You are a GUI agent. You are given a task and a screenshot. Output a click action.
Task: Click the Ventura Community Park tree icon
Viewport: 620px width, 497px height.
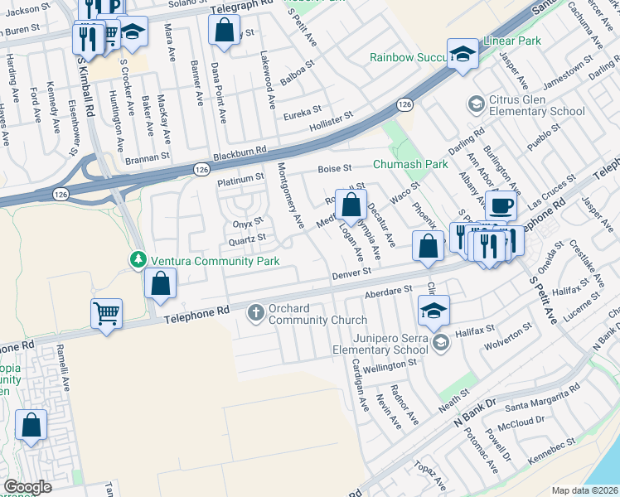point(137,260)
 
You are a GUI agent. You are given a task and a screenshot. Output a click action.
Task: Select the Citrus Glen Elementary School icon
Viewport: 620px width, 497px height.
point(477,104)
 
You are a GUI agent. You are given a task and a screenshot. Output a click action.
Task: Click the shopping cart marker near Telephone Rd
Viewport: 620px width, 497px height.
point(106,314)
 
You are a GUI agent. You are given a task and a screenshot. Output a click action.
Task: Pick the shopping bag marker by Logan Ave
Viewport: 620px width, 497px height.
point(351,205)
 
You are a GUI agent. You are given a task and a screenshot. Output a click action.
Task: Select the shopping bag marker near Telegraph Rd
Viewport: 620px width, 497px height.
point(225,31)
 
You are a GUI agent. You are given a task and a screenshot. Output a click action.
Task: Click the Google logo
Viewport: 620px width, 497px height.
point(27,487)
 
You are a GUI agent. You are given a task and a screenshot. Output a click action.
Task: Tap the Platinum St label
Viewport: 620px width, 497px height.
point(240,179)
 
